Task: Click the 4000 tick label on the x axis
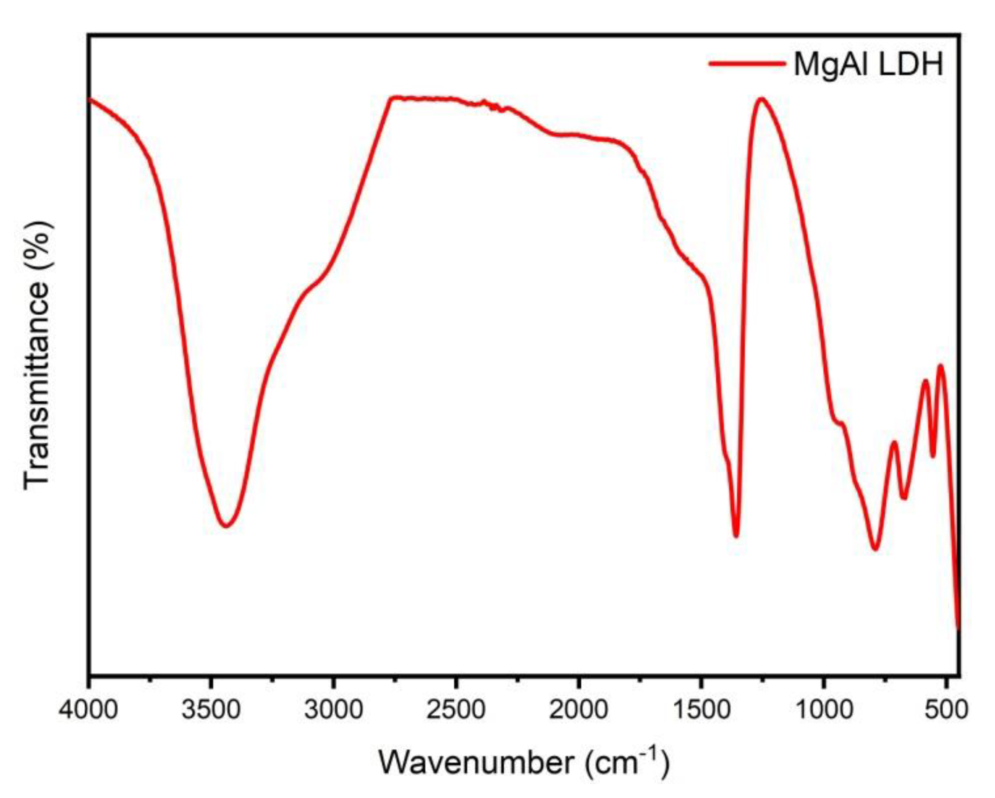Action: coord(89,710)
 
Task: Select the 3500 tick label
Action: coord(211,710)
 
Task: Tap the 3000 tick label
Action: coord(333,710)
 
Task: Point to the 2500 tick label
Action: coord(456,710)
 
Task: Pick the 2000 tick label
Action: coord(578,710)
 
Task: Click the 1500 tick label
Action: coord(701,710)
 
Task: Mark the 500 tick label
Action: coord(946,710)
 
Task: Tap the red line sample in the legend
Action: coord(747,63)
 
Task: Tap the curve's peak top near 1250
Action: coord(761,99)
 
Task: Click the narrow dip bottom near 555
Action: coord(933,456)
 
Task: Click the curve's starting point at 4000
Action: coord(90,99)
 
